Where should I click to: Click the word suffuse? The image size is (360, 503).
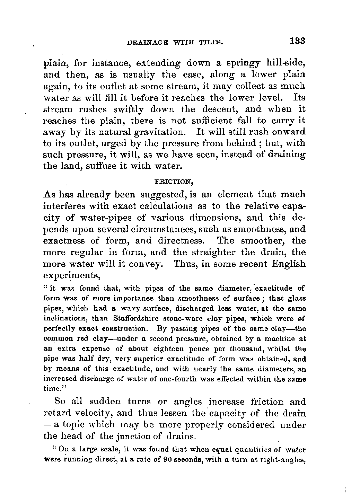[92, 166]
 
